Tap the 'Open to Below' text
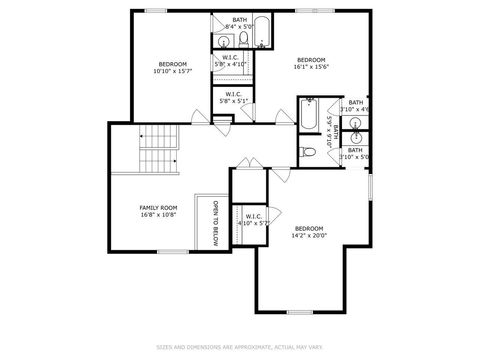(x=215, y=224)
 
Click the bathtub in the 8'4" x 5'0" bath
(x=262, y=32)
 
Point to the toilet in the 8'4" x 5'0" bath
(x=243, y=40)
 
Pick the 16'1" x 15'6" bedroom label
(x=311, y=64)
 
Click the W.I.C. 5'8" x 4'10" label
(x=230, y=61)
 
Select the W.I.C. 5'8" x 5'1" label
(x=230, y=98)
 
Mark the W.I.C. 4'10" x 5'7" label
(x=250, y=220)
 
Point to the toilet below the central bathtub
(x=309, y=152)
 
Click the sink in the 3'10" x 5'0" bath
(x=356, y=139)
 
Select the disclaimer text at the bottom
(x=240, y=348)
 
